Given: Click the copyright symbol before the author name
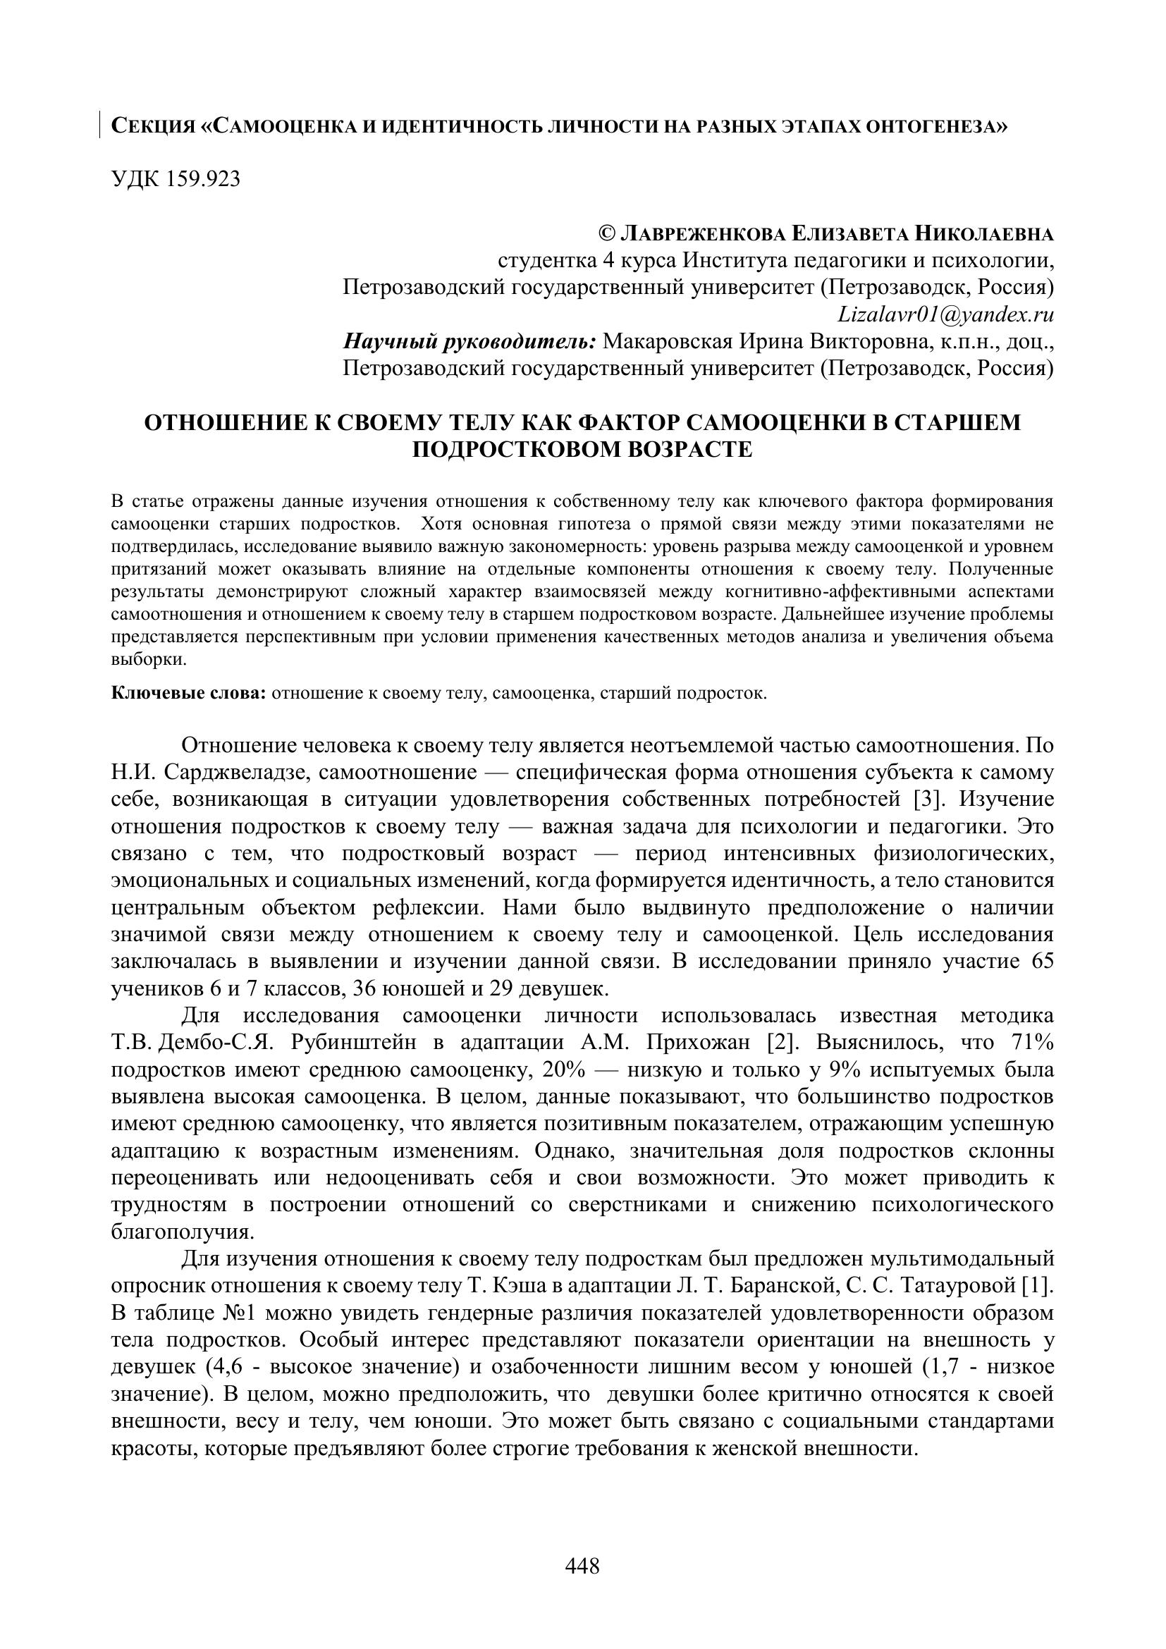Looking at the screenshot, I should pyautogui.click(x=607, y=234).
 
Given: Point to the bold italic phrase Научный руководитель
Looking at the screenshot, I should pyautogui.click(x=470, y=341).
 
